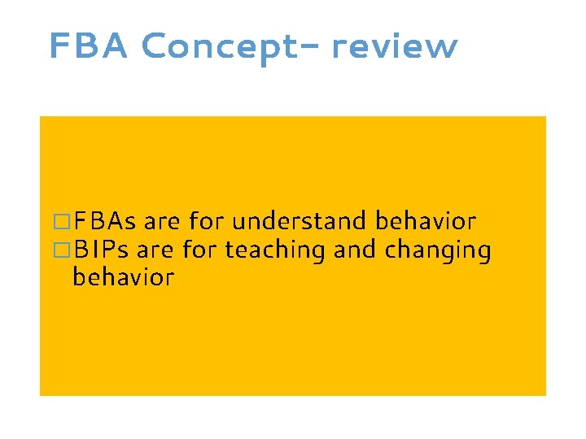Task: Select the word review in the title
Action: [395, 47]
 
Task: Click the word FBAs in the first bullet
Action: [104, 221]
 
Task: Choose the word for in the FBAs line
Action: [206, 221]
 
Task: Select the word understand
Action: [300, 221]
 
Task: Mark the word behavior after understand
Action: [426, 221]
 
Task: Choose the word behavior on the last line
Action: [123, 277]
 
